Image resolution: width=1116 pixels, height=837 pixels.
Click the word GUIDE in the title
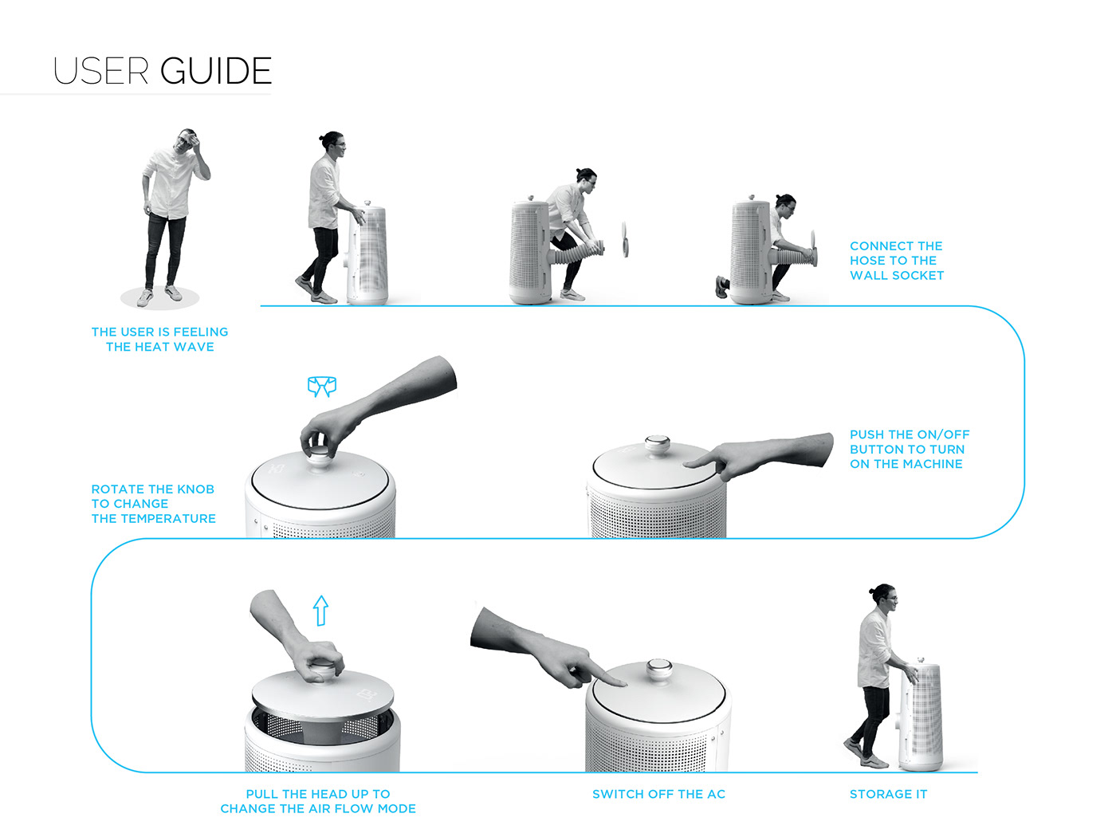[x=215, y=71]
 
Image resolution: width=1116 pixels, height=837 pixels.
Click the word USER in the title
[x=100, y=71]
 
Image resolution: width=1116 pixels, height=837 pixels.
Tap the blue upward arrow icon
[x=320, y=610]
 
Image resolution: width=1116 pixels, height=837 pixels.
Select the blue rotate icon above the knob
[x=322, y=387]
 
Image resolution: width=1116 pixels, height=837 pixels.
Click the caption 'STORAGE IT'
[x=888, y=794]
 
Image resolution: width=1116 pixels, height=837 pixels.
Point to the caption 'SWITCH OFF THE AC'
[x=659, y=794]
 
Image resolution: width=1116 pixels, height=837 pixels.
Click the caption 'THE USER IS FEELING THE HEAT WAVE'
[x=159, y=339]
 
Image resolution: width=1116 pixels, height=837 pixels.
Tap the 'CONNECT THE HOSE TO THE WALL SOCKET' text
[x=897, y=261]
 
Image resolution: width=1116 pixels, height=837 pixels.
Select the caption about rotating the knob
[x=154, y=504]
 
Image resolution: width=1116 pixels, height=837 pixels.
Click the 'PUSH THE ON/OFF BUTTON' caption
[x=910, y=450]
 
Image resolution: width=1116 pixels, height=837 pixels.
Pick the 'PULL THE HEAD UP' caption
[x=318, y=801]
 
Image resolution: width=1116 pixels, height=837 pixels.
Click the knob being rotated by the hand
[x=320, y=455]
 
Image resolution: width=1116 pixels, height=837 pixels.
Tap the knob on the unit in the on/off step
[x=658, y=444]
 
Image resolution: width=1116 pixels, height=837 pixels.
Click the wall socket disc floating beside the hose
[x=625, y=239]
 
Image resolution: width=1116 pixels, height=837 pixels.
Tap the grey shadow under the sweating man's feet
[x=159, y=298]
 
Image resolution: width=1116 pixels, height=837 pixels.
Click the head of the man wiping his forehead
[x=187, y=142]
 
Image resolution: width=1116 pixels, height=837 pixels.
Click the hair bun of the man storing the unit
[x=871, y=590]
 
